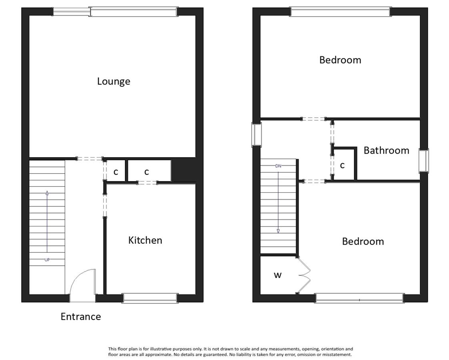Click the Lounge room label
click(114, 82)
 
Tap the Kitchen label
click(145, 240)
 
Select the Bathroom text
click(386, 150)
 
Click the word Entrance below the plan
click(81, 316)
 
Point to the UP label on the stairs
click(47, 260)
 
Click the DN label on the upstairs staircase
click(278, 166)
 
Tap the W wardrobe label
click(278, 275)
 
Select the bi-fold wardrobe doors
click(304, 275)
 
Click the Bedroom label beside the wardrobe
click(363, 242)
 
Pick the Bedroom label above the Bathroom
click(340, 60)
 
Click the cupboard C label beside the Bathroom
click(342, 166)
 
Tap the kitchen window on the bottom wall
click(150, 298)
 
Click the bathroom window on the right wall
click(424, 160)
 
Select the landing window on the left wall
click(257, 134)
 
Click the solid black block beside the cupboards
click(183, 170)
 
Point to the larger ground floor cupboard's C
click(146, 172)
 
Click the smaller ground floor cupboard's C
click(116, 172)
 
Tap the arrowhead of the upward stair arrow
click(47, 193)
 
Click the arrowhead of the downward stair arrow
click(278, 231)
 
